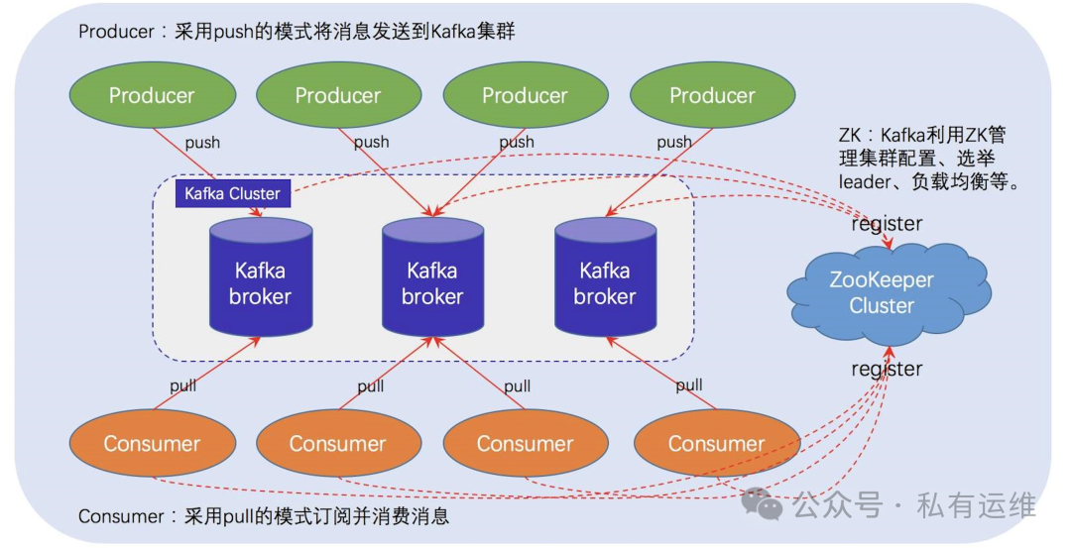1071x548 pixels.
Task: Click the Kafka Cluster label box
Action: [233, 193]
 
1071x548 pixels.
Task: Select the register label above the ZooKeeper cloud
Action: [887, 224]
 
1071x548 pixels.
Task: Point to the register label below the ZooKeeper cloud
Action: [887, 370]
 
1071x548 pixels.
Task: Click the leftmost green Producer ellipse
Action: [152, 96]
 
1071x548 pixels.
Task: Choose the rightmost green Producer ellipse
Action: [712, 96]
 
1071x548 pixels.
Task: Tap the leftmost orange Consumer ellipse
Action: [152, 444]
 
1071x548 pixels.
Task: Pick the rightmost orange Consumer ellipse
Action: [716, 444]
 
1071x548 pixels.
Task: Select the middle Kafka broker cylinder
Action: [432, 277]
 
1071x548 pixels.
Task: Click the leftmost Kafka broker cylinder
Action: [260, 277]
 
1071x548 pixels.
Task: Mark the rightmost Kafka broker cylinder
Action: [604, 277]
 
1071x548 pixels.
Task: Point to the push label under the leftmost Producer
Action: [202, 143]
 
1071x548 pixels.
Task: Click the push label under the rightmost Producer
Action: [674, 142]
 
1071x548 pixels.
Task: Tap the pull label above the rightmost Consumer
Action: [689, 384]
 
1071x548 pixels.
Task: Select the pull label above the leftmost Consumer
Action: [182, 385]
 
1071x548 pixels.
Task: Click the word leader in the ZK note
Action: [865, 183]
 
